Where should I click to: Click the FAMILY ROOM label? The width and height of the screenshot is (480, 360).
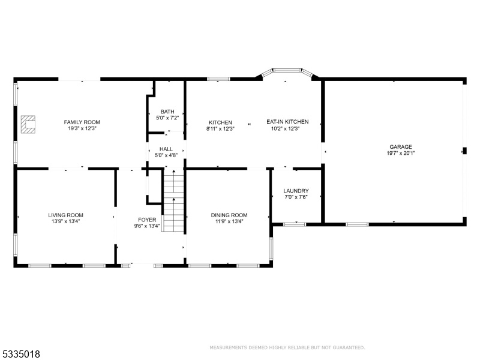tap(82, 122)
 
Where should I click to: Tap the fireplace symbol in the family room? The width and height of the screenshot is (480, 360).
tap(28, 124)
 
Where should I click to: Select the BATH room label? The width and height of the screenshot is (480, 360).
tap(167, 112)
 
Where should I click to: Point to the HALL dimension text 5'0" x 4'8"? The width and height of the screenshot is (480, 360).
tap(166, 155)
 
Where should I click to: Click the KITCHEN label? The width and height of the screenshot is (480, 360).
tap(220, 122)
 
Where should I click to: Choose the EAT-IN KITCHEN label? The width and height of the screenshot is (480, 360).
tap(287, 122)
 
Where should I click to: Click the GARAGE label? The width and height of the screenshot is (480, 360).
tap(401, 147)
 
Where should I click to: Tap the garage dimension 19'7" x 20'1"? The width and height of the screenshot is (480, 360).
tap(401, 153)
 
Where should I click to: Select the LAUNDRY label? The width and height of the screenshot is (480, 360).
tap(296, 191)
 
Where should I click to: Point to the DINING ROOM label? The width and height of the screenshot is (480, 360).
tap(229, 215)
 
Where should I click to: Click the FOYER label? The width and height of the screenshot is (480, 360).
tap(147, 220)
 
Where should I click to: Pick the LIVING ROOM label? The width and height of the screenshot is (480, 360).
tap(65, 215)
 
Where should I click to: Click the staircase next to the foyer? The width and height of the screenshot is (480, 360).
tap(173, 200)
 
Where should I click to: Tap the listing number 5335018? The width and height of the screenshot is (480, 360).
tap(20, 354)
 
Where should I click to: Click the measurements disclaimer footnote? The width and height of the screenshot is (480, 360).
tap(287, 347)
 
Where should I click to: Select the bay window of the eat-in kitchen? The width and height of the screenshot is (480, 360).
tap(287, 72)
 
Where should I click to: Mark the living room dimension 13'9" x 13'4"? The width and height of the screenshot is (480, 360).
tap(65, 221)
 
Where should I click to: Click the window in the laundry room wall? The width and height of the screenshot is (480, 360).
tap(295, 224)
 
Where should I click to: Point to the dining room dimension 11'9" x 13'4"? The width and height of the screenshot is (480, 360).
tap(229, 221)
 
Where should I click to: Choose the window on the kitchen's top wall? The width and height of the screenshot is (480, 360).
tap(218, 79)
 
